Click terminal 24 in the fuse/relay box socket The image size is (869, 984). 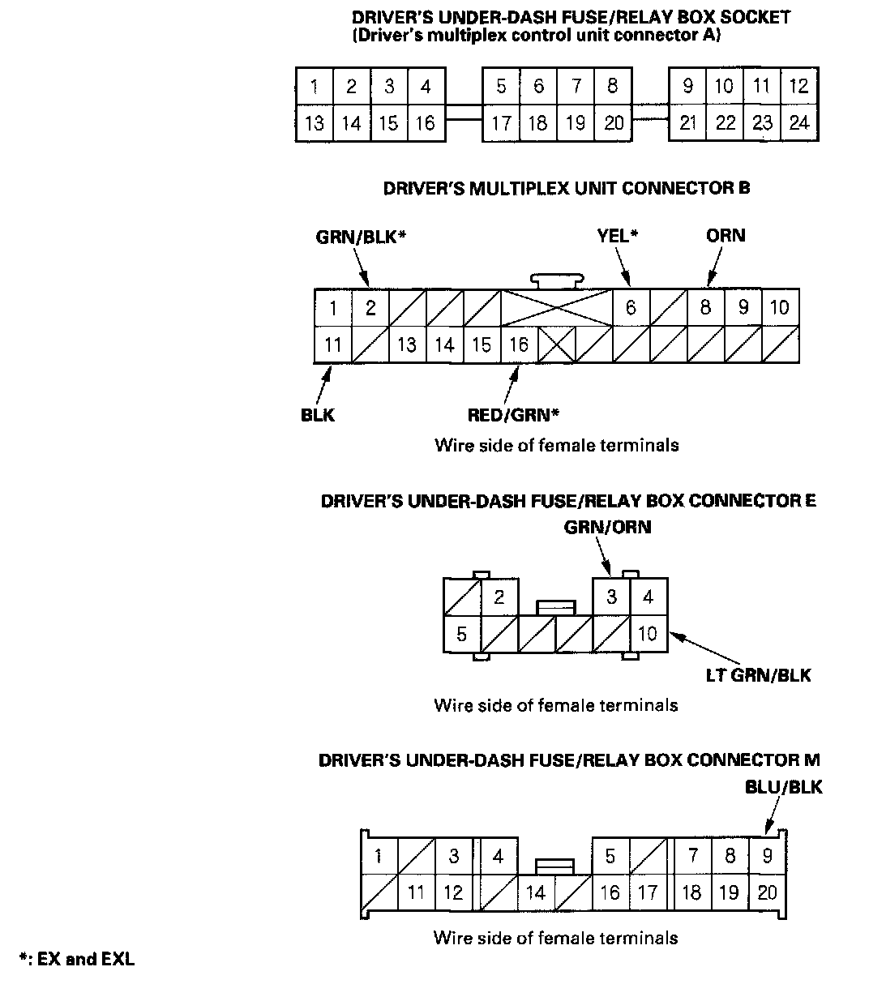pos(799,123)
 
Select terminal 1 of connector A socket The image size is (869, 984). pos(314,86)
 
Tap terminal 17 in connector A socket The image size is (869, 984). pos(502,123)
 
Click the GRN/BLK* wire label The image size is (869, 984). pos(360,237)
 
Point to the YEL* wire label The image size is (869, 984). pos(618,236)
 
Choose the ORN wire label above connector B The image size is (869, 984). pos(726,236)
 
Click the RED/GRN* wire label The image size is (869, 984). pos(514,415)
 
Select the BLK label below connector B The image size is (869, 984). pos(317,415)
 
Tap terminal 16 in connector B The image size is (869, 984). pos(519,344)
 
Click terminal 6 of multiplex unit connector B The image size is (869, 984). pos(631,308)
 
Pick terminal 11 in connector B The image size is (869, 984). pos(332,344)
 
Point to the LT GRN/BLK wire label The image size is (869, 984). pos(758,674)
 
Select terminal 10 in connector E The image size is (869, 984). pos(649,633)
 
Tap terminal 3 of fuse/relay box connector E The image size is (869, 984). pos(611,597)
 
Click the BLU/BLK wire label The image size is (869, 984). pos(783,787)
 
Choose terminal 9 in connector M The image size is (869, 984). pos(767,856)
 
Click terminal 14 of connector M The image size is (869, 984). pos(536,893)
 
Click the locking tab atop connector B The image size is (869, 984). pos(557,280)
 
